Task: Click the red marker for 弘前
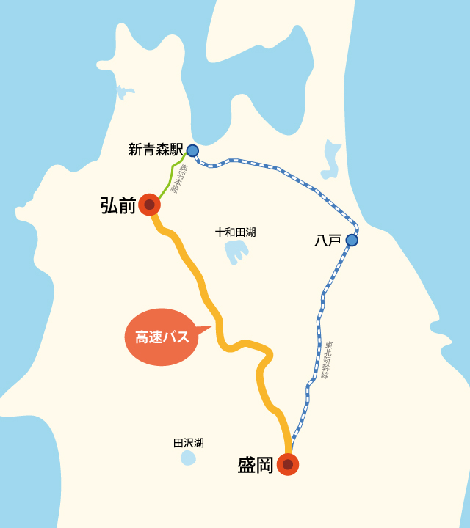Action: tap(149, 205)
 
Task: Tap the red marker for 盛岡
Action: tap(288, 464)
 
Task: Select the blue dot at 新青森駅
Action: tap(192, 150)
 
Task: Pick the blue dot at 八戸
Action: tap(352, 240)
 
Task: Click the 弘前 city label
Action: tap(118, 205)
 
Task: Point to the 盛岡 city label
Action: tap(256, 465)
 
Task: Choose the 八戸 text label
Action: tap(328, 240)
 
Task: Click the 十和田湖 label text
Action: tap(236, 232)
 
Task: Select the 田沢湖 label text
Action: tap(189, 443)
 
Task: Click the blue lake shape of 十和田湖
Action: tap(236, 252)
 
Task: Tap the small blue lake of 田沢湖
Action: tap(189, 458)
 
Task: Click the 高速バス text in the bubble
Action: tap(162, 337)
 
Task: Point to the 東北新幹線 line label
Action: tap(327, 359)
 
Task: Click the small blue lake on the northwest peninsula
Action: tap(123, 92)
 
